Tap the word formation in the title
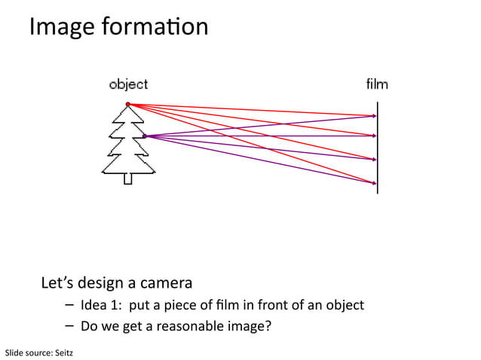coord(157,27)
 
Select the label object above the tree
coord(128,84)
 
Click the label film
coord(377,84)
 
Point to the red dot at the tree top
coord(128,104)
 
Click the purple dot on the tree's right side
coord(144,136)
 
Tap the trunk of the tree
coord(128,178)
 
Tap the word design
coord(100,284)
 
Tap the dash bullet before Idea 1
coord(69,305)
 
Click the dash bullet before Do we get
coord(69,326)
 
